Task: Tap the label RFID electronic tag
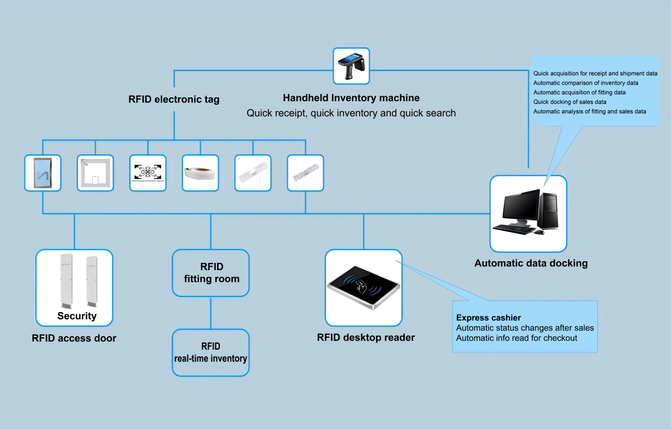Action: pos(174,100)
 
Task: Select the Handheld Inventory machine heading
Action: pos(351,98)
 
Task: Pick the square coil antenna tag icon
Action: pos(95,173)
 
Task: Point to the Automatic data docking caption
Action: pos(531,263)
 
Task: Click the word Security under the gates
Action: pos(77,316)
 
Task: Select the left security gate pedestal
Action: pos(66,280)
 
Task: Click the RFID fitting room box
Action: pos(211,273)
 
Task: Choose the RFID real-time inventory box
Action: pos(210,352)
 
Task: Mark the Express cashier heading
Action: pos(488,318)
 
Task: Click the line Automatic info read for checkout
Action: pos(517,338)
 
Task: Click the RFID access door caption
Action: pos(74,338)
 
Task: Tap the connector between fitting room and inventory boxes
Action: pos(211,313)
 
